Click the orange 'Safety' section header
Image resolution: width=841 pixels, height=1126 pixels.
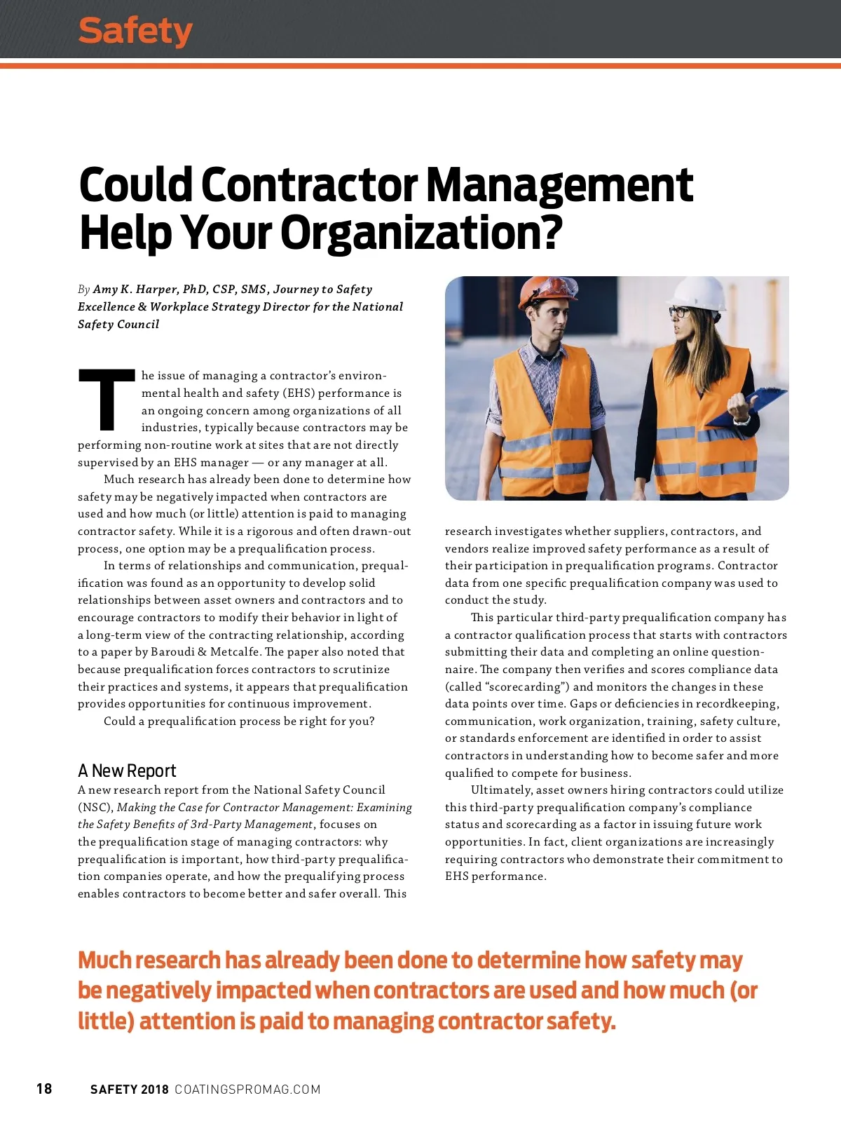135,31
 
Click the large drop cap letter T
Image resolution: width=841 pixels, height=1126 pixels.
107,399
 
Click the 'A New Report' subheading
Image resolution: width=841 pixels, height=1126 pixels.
127,771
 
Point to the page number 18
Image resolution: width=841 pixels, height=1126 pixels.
44,1088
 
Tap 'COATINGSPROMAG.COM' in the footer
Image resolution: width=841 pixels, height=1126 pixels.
247,1089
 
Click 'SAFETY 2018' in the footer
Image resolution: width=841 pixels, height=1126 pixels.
130,1089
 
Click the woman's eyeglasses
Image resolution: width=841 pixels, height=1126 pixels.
678,311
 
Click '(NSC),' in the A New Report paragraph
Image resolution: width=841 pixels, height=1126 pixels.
95,808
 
